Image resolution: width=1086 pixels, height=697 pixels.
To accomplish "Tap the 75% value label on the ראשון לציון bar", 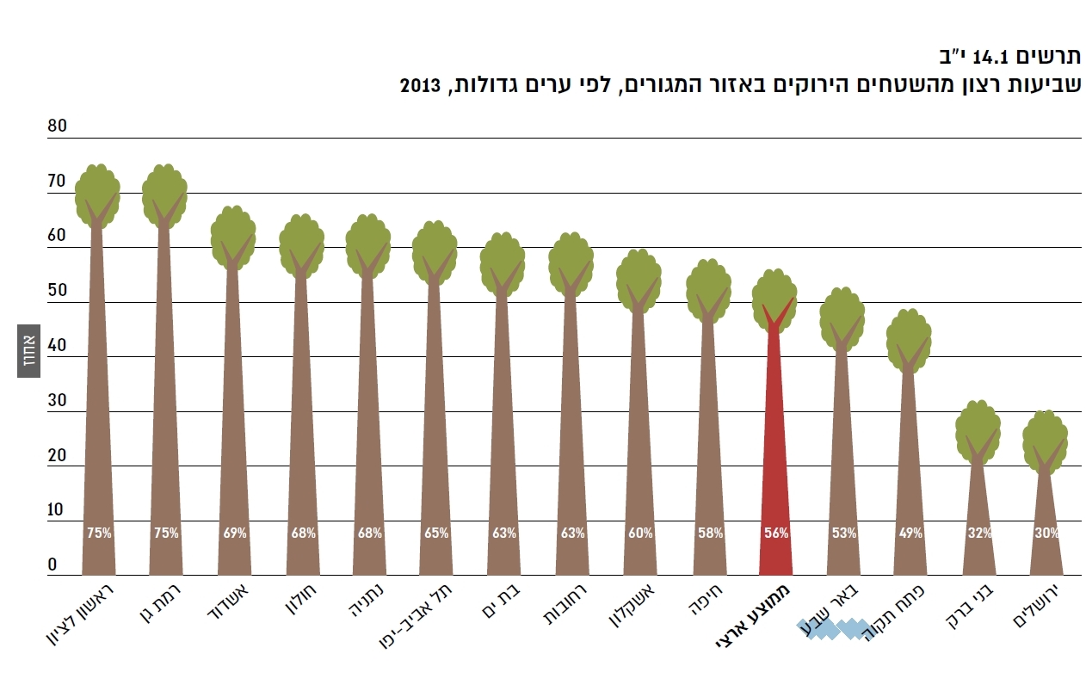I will (x=99, y=533).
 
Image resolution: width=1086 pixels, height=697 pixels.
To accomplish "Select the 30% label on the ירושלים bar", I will (x=1046, y=533).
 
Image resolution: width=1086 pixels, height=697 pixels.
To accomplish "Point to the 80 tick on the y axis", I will (x=57, y=126).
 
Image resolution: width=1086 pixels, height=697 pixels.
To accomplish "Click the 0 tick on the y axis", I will (x=52, y=564).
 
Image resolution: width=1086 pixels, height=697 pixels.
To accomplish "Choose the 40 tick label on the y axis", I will (x=57, y=346).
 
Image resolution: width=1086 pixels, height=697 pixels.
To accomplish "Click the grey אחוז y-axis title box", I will (x=28, y=351).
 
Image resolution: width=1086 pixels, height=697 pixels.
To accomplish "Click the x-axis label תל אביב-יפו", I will (x=412, y=620).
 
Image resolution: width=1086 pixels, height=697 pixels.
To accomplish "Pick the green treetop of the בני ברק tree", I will (x=978, y=429).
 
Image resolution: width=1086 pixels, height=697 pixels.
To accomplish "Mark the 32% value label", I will (x=979, y=533).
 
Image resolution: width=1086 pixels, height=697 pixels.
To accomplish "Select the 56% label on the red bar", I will (x=776, y=533).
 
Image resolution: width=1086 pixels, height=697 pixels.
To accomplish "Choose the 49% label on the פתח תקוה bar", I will (x=910, y=533).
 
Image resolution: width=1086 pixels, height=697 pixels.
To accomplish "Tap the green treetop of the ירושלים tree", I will (x=1045, y=439).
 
